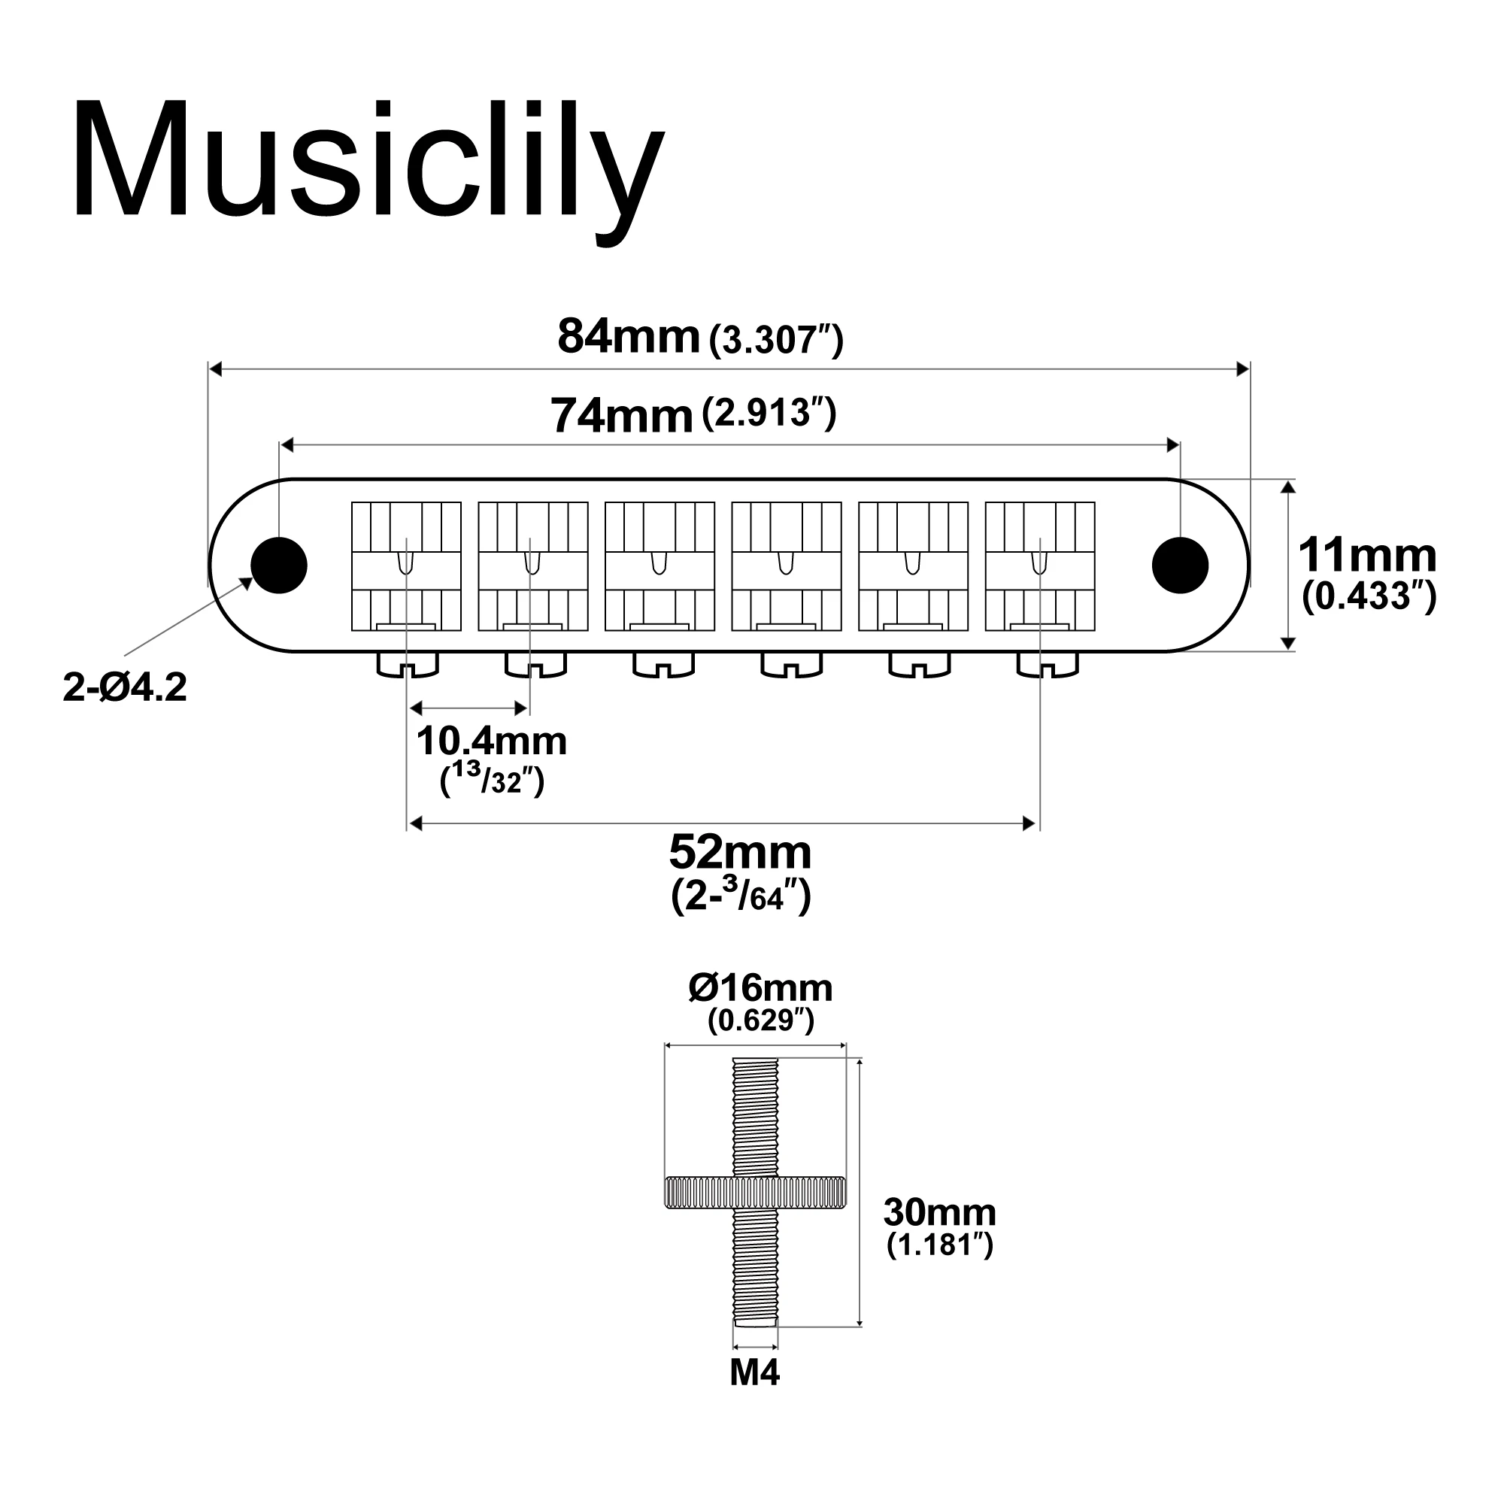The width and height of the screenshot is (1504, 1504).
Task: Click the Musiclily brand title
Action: point(368,163)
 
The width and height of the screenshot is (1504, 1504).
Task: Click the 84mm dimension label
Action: point(629,337)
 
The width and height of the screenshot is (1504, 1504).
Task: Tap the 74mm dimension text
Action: point(621,416)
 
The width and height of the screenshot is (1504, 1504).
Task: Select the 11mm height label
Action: point(1367,556)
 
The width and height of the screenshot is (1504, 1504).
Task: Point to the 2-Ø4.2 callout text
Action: point(125,688)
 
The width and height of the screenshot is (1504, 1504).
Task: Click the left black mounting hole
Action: point(280,566)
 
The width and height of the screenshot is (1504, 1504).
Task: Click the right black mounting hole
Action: point(1180,566)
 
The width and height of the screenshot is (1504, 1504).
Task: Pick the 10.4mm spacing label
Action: point(491,741)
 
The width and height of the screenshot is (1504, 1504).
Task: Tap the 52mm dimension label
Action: point(740,853)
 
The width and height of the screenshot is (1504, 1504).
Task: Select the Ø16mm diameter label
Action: point(760,988)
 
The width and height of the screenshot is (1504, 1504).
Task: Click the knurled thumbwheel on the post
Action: point(755,1193)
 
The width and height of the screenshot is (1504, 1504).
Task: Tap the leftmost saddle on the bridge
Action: point(406,566)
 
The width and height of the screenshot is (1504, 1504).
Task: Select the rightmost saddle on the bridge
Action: point(1040,566)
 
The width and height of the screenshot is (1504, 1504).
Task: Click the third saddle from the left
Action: point(660,566)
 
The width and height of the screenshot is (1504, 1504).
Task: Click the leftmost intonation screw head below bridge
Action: point(407,665)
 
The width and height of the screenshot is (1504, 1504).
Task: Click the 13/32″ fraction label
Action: point(492,781)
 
